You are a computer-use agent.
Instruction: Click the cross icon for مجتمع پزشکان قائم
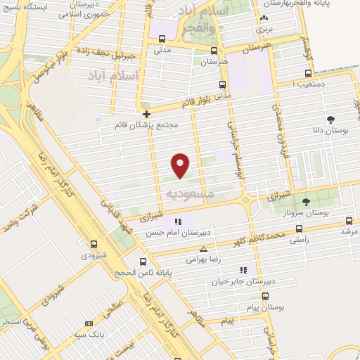point(146,114)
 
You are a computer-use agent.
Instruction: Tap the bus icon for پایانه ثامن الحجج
point(143,262)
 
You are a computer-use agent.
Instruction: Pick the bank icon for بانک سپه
point(89,323)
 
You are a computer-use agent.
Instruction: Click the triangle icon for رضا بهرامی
point(204,249)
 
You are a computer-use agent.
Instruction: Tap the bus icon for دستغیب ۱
point(308,72)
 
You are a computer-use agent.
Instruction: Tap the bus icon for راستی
point(300,229)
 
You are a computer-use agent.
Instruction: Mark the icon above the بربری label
point(264,19)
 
